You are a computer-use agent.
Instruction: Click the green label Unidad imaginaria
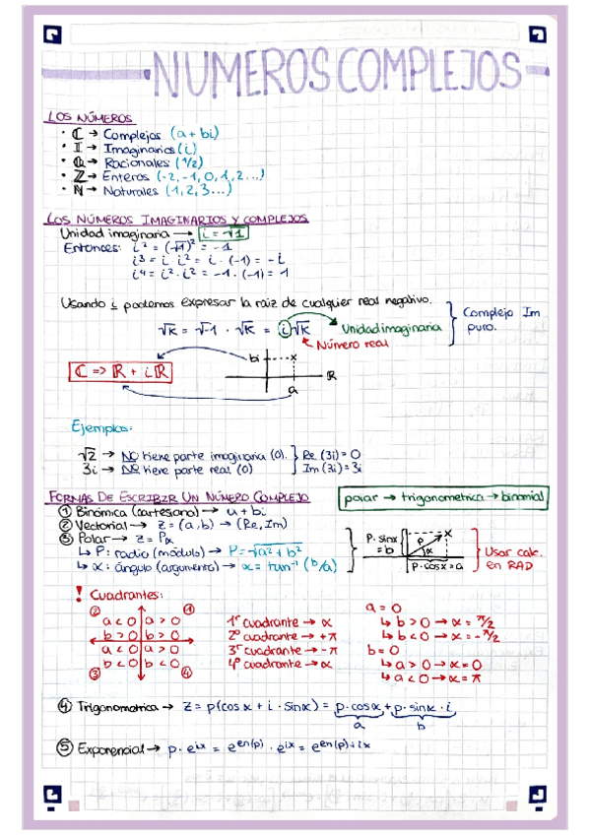tap(391, 329)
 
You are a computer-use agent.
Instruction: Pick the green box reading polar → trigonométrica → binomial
tap(442, 498)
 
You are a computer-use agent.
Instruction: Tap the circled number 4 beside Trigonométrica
tap(64, 705)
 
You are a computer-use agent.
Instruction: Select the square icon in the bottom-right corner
tap(537, 793)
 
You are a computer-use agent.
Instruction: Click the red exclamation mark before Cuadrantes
tap(78, 595)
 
